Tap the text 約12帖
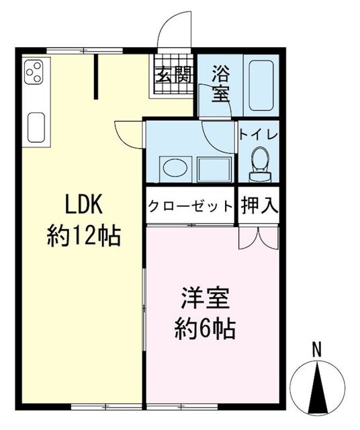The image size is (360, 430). [83, 236]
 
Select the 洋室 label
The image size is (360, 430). [204, 298]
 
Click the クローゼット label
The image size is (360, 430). [191, 205]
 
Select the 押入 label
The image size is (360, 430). [259, 205]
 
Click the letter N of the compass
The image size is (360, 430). [320, 349]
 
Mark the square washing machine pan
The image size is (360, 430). [214, 169]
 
